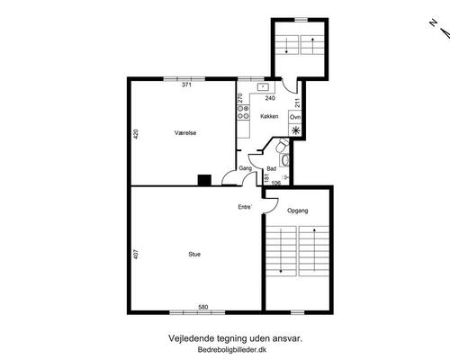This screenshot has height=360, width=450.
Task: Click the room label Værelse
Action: (185, 133)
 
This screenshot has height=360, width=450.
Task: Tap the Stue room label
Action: (194, 255)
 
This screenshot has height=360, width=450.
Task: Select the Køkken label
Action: (269, 116)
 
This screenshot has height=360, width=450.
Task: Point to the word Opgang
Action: (298, 211)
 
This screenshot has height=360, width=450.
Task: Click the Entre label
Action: (245, 207)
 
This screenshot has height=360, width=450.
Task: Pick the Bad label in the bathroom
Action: (272, 169)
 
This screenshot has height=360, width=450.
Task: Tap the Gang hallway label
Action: (245, 168)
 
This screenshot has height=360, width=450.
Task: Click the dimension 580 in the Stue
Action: (203, 307)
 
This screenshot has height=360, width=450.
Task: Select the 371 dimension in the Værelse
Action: (186, 85)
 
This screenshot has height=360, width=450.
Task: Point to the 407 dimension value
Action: (136, 255)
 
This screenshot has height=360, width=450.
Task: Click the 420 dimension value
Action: (136, 134)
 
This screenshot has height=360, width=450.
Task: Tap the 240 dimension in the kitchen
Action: (270, 98)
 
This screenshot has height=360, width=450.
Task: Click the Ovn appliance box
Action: (295, 117)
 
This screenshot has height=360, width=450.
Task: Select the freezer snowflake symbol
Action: (296, 130)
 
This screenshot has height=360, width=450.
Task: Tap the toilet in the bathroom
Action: (282, 146)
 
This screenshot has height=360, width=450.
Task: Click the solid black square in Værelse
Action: (204, 180)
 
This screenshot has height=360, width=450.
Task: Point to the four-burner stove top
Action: (243, 112)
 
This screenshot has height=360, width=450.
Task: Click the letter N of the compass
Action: (433, 22)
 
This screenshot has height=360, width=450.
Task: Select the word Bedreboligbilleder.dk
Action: (232, 349)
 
